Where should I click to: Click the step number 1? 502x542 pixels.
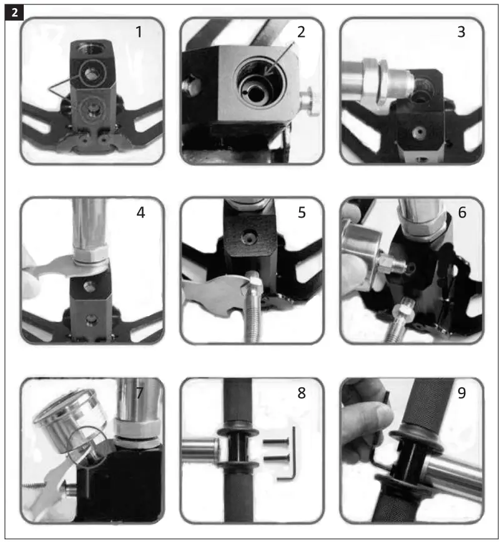pos(139,32)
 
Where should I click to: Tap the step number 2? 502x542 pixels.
pos(302,32)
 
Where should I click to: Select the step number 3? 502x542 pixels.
pos(461,32)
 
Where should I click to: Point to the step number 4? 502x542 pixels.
pos(140,212)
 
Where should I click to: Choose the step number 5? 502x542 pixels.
pos(302,212)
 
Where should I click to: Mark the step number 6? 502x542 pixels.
pos(461,212)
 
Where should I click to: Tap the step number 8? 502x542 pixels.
pos(302,393)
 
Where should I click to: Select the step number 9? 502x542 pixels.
pos(461,393)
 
